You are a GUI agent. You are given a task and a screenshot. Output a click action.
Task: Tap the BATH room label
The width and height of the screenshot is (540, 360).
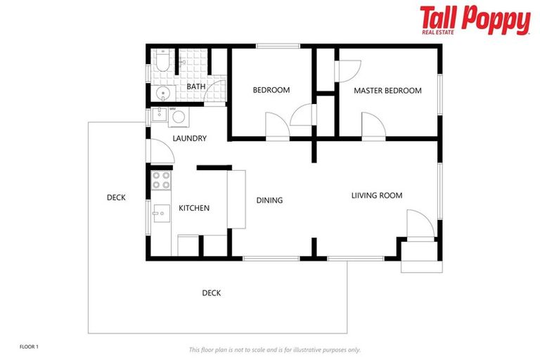(196, 87)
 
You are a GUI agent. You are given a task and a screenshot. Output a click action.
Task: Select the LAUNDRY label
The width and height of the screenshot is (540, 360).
(189, 139)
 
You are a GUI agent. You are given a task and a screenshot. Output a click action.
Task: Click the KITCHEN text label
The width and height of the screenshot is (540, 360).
(193, 208)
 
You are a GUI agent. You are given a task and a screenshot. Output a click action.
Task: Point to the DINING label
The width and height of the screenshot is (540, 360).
(269, 200)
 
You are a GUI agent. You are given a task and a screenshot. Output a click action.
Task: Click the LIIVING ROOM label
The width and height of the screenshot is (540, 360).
(377, 195)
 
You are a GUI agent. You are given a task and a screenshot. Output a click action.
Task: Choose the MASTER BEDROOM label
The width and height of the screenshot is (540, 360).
(387, 91)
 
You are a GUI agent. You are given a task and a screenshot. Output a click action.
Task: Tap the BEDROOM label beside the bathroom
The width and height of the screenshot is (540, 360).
(271, 90)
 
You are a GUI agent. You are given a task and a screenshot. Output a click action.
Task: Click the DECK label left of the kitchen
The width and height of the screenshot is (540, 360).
(116, 198)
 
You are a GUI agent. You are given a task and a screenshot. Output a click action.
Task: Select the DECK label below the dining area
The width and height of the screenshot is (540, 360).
(212, 293)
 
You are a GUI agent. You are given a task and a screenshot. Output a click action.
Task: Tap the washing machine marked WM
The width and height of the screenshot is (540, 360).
(177, 116)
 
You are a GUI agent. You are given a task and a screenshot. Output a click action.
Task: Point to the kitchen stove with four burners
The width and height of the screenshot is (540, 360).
(161, 180)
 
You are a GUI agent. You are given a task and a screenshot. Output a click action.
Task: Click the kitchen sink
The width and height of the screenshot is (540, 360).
(161, 212)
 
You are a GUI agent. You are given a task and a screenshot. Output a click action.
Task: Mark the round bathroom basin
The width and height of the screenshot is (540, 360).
(162, 93)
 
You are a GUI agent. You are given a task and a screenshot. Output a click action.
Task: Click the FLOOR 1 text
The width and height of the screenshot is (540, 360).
(30, 347)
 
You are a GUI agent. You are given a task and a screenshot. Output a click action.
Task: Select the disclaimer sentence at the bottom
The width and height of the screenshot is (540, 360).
(274, 349)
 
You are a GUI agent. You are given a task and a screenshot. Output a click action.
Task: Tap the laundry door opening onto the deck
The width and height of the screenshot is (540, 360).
(159, 149)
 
